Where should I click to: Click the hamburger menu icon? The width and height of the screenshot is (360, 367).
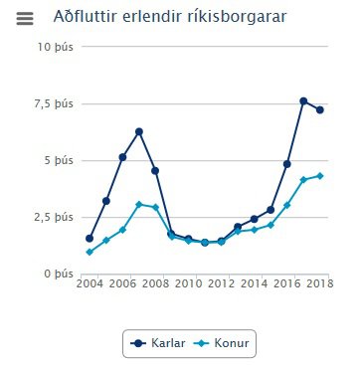(x=25, y=18)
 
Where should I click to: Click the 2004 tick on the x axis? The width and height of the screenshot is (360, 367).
(x=90, y=285)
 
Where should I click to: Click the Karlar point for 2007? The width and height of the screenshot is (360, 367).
(x=139, y=131)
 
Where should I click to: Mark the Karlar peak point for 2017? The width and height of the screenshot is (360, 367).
(x=303, y=101)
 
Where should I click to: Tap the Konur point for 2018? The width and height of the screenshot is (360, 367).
(x=319, y=176)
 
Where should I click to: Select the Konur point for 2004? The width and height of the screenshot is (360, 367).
(x=90, y=252)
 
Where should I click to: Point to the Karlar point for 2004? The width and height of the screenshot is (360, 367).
(x=90, y=239)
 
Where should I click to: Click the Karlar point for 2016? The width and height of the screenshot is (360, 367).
(x=286, y=163)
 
